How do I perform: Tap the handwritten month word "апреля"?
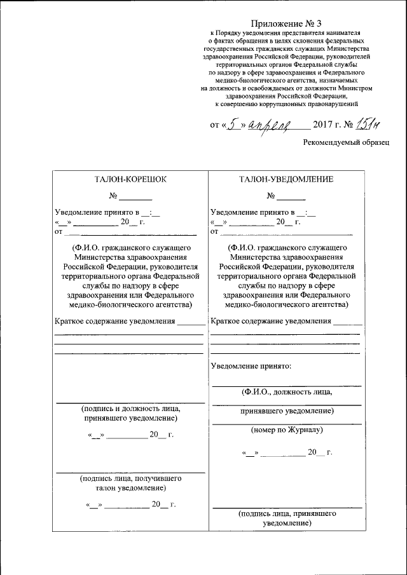269,125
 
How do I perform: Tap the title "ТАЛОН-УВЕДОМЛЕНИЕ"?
286,179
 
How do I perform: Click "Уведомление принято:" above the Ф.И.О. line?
251,367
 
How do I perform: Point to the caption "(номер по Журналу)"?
287,430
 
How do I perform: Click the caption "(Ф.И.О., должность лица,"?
286,391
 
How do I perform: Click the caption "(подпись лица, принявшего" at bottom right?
286,513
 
